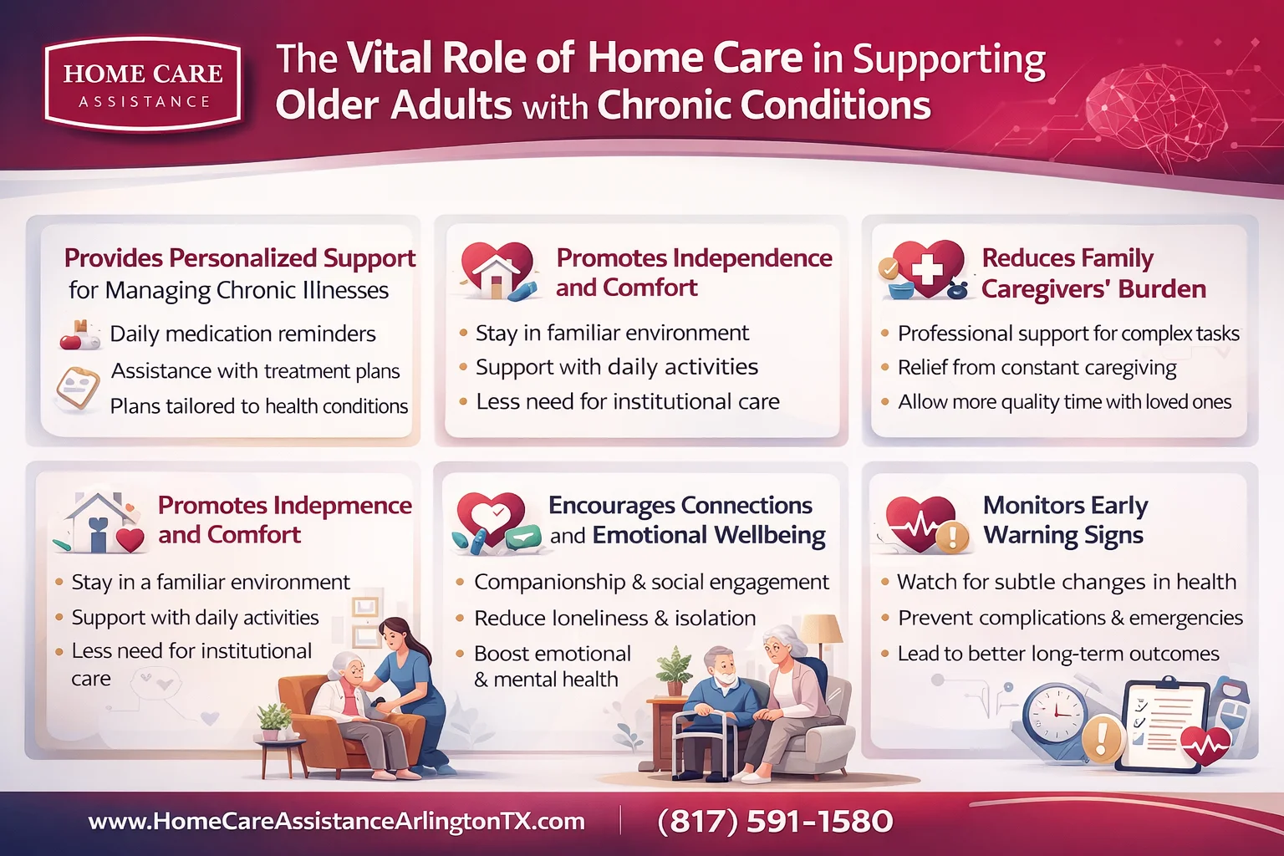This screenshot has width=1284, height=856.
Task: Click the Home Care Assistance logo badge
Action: [x=143, y=84]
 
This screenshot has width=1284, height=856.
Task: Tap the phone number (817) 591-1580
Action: [x=775, y=821]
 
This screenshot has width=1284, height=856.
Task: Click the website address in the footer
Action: [x=336, y=821]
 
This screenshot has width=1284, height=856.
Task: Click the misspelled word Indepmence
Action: [x=343, y=505]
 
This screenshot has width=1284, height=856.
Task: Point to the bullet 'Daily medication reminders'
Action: [x=242, y=334]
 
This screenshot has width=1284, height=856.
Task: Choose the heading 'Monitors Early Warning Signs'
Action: [x=1064, y=519]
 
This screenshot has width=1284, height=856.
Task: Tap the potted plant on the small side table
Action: [x=273, y=720]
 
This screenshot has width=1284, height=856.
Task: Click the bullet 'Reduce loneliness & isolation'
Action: [x=614, y=618]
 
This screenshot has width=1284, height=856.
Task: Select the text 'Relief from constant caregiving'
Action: [x=1037, y=368]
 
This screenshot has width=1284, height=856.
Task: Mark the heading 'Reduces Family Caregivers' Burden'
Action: [x=1093, y=273]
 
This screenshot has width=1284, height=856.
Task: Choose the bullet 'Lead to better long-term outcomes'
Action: [x=1058, y=654]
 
